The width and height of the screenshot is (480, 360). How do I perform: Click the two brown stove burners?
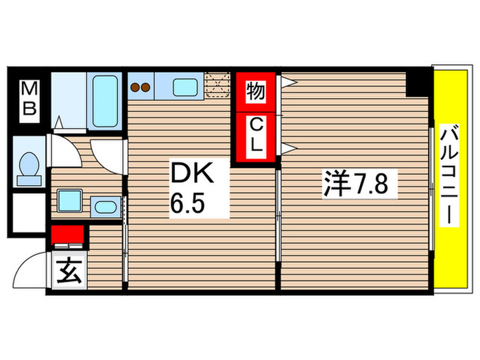pyautogui.click(x=141, y=87)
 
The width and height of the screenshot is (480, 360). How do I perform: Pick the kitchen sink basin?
pyautogui.click(x=184, y=87)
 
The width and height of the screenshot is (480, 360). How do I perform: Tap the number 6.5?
pyautogui.click(x=187, y=204)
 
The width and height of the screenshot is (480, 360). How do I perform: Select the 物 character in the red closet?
pyautogui.click(x=256, y=91)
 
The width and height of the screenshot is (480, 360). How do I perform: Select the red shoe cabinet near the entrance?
pyautogui.click(x=67, y=235)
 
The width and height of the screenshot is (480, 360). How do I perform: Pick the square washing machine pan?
pyautogui.click(x=70, y=202)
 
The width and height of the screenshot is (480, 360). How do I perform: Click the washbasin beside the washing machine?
pyautogui.click(x=104, y=206)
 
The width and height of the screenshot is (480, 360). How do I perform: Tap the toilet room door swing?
pyautogui.click(x=64, y=149)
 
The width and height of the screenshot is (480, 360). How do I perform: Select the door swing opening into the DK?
pyautogui.click(x=108, y=156)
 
